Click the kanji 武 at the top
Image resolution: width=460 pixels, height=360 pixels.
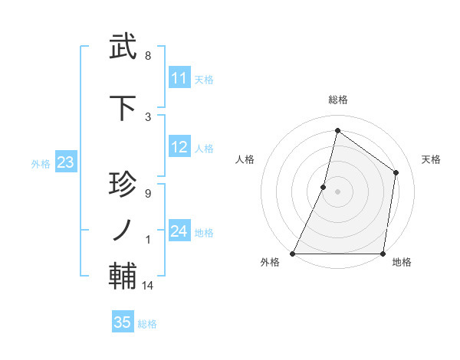[x=123, y=47]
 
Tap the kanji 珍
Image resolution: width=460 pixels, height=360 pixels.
[x=123, y=186]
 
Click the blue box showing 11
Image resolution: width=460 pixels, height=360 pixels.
[x=179, y=78]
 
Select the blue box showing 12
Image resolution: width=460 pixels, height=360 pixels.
[x=179, y=148]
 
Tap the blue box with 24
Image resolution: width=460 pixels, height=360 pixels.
[x=179, y=232]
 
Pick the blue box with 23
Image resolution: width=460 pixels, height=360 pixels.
[x=65, y=162]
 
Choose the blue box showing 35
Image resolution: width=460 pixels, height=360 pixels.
[x=123, y=322]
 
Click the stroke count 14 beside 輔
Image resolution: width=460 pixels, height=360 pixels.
[x=148, y=286]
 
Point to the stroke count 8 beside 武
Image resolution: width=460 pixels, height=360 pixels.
[x=148, y=56]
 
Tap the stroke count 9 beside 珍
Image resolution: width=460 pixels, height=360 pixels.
[x=148, y=193]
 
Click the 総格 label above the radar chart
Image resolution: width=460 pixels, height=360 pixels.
[x=337, y=100]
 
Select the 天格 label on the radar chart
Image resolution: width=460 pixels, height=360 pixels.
[x=431, y=159]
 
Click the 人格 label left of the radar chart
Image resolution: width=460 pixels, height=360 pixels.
[x=245, y=159]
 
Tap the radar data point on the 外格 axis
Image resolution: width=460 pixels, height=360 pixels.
[x=293, y=254]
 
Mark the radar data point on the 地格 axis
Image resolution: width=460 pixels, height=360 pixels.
[x=383, y=254]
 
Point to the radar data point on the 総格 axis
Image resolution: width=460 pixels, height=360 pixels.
[x=337, y=130]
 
